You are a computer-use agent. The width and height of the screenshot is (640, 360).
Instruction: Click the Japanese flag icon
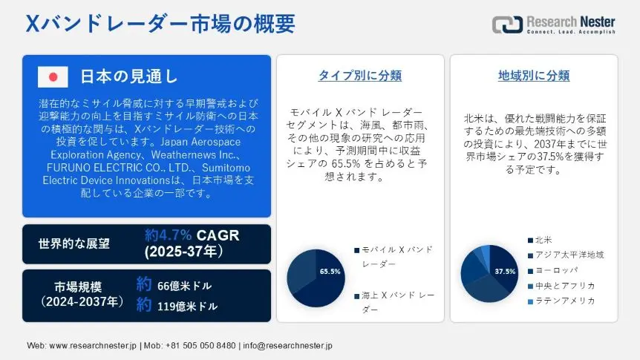(53, 76)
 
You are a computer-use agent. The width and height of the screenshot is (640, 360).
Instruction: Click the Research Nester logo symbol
(507, 24)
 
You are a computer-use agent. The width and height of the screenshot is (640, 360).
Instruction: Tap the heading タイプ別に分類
(360, 76)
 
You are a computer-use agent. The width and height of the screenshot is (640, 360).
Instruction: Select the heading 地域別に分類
(534, 76)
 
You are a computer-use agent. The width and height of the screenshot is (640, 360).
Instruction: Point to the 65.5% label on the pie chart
(330, 272)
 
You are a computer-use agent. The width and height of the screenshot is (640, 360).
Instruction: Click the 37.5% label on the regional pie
(505, 272)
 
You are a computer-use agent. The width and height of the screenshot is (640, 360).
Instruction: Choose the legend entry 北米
(540, 240)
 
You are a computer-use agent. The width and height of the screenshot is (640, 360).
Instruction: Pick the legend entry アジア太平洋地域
(566, 255)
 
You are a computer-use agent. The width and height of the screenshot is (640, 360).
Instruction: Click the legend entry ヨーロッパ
(552, 271)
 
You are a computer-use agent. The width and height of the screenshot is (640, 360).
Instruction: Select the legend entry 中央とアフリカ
(561, 286)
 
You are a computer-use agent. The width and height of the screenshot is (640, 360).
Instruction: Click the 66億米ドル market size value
(184, 286)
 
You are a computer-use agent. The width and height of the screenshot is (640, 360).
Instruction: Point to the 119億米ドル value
(187, 306)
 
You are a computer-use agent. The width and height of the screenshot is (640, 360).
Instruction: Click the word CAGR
(218, 235)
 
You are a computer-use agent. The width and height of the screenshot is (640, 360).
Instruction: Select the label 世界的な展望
(74, 243)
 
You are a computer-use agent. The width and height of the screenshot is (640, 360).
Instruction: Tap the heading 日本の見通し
(128, 76)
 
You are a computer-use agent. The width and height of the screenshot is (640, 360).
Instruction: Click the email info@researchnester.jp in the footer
(287, 346)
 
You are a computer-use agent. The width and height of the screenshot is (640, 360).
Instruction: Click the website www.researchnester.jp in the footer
(93, 346)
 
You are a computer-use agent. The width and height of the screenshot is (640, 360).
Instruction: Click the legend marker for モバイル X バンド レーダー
(356, 250)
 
